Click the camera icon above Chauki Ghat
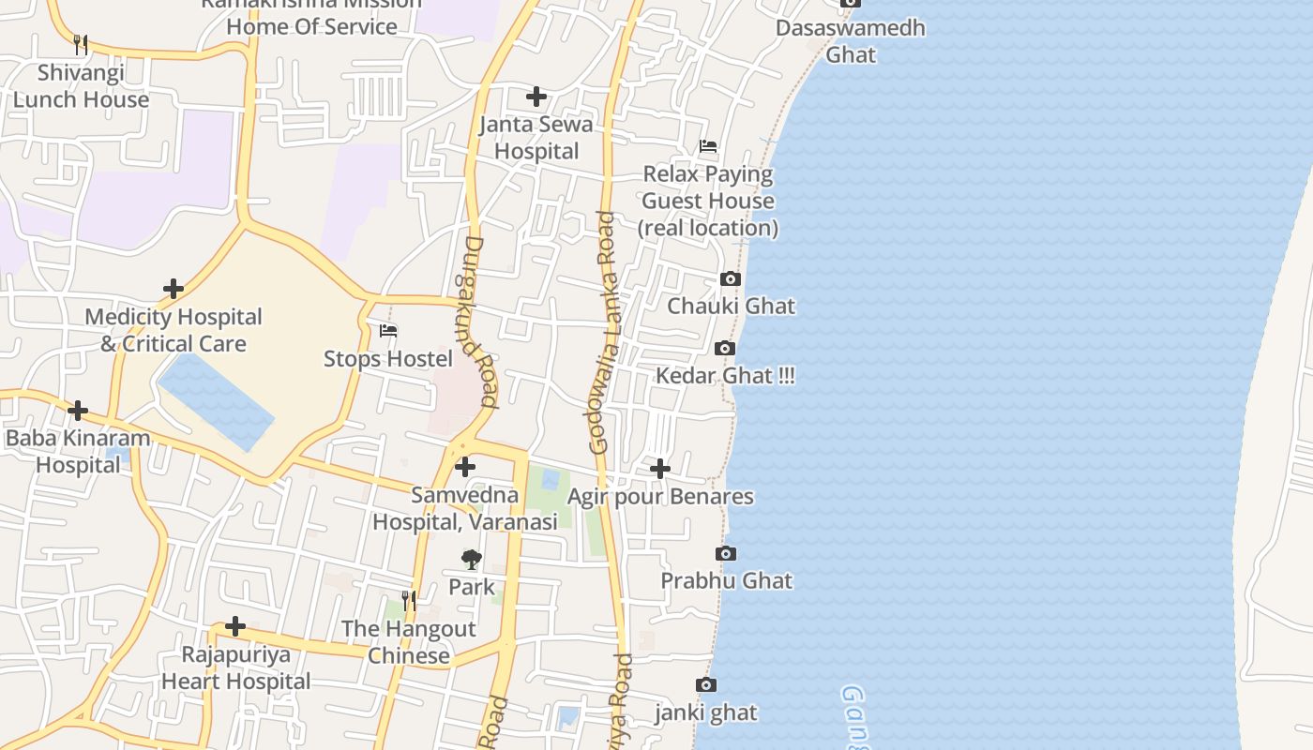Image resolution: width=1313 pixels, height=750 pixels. point(731,278)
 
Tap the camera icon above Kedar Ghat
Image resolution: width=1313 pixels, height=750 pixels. point(724,349)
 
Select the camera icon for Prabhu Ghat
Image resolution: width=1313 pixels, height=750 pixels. point(726,554)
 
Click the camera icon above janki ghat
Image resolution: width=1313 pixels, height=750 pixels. point(706,685)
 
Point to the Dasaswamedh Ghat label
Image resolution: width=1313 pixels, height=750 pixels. point(850,41)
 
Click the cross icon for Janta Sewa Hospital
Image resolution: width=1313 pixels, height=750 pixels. point(536,97)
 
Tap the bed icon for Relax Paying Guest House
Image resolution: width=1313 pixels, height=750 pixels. point(708,146)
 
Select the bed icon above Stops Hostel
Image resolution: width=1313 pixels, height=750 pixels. point(388,331)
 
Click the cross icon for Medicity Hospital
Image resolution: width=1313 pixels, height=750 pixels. point(174,289)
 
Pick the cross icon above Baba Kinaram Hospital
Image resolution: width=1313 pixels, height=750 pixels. point(78,411)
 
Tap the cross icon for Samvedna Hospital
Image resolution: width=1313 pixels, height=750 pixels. point(465,467)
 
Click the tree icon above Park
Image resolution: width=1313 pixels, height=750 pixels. point(471,560)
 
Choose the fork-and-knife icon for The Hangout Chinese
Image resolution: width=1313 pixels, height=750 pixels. point(409,600)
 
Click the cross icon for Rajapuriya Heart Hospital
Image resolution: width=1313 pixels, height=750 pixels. point(235,626)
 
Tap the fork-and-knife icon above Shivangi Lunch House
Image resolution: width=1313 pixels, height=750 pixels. point(81,44)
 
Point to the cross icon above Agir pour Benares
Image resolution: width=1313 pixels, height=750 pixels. point(660,469)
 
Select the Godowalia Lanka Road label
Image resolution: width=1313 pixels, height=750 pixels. point(605,333)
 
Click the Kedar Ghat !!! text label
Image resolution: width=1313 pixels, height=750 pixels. point(725,376)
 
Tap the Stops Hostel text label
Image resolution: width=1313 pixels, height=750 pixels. point(388,359)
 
